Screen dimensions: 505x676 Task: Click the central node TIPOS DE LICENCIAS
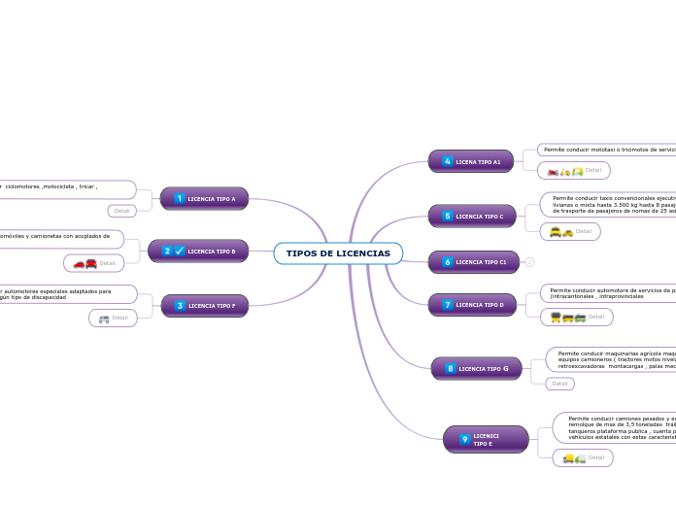pos(338,253)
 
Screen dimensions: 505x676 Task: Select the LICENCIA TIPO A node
pos(204,199)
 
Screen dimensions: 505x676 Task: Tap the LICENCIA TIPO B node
pos(198,252)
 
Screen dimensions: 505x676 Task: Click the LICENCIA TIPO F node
pos(204,306)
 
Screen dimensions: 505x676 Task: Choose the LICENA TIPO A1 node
pos(471,162)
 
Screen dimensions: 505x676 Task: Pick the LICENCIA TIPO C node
pos(471,217)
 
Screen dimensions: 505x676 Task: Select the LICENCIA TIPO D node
pos(471,305)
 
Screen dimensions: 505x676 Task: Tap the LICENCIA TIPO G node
pos(476,369)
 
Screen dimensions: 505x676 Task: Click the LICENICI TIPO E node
pos(486,440)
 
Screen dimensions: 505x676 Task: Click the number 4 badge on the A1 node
pos(448,162)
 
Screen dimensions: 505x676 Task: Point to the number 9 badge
pos(464,440)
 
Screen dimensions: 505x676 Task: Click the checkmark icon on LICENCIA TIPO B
pos(180,252)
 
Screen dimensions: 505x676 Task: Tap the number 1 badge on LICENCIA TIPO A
pos(180,199)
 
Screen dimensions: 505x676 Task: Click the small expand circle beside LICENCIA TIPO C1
pos(529,262)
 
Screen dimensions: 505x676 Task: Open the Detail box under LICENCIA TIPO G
pos(559,384)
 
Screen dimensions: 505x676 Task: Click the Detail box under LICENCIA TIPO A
pos(121,211)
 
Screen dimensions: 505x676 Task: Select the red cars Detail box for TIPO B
pos(93,263)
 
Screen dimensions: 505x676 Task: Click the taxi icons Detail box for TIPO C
pos(569,231)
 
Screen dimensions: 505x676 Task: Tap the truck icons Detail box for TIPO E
pos(582,457)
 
